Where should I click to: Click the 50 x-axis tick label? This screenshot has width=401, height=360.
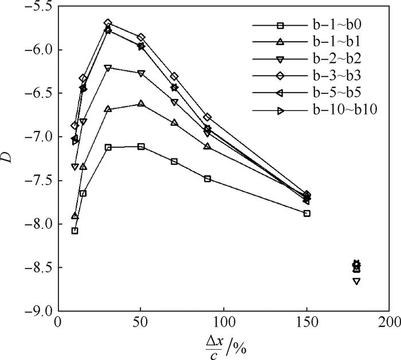(x=140, y=321)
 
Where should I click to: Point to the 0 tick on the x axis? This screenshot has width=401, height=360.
(x=58, y=321)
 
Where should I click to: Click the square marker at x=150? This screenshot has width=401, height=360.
(x=307, y=213)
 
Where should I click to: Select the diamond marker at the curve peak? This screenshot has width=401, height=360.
(x=108, y=23)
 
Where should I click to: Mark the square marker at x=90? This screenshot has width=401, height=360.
(x=207, y=179)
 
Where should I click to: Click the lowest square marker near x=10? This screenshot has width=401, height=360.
(x=74, y=231)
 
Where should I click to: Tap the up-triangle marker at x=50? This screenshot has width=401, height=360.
(x=141, y=104)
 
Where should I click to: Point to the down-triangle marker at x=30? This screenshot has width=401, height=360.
(x=108, y=68)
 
